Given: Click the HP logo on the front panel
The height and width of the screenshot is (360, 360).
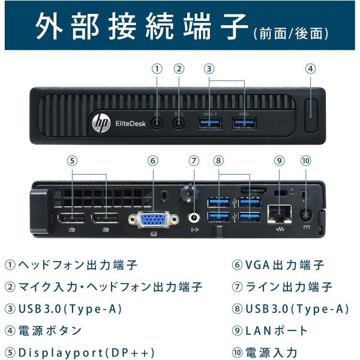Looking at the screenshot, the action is [99, 122].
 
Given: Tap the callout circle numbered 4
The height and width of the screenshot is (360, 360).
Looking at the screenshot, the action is [310, 68].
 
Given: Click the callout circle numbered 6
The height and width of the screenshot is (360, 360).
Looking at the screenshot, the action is [152, 160].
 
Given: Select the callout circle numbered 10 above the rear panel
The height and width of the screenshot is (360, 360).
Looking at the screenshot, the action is [306, 160].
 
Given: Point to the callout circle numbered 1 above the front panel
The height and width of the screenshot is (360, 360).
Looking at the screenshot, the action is [157, 68].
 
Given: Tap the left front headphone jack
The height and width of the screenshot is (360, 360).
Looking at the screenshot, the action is [157, 122].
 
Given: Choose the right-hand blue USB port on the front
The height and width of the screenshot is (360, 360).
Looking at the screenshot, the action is [243, 123].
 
